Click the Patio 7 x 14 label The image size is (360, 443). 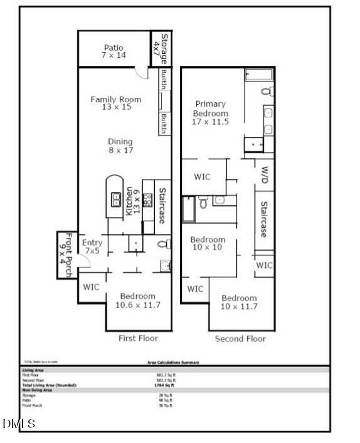(x=114, y=51)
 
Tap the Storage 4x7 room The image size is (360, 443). (x=162, y=48)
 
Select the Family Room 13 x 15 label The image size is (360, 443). (x=116, y=104)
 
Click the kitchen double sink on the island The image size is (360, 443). (x=116, y=200)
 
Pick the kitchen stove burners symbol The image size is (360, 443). (x=148, y=200)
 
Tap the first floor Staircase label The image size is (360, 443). (x=162, y=206)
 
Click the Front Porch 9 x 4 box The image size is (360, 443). (x=65, y=255)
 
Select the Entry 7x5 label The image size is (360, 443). (x=92, y=247)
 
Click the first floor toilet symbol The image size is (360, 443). (x=164, y=243)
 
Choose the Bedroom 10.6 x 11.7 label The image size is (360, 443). (x=138, y=301)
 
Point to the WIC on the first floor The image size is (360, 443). (x=90, y=286)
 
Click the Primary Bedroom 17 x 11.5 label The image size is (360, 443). (x=210, y=112)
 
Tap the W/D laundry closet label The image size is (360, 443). (x=264, y=176)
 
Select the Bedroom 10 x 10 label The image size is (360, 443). (x=208, y=243)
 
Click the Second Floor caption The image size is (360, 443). (x=240, y=339)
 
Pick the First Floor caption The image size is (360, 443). (x=139, y=338)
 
